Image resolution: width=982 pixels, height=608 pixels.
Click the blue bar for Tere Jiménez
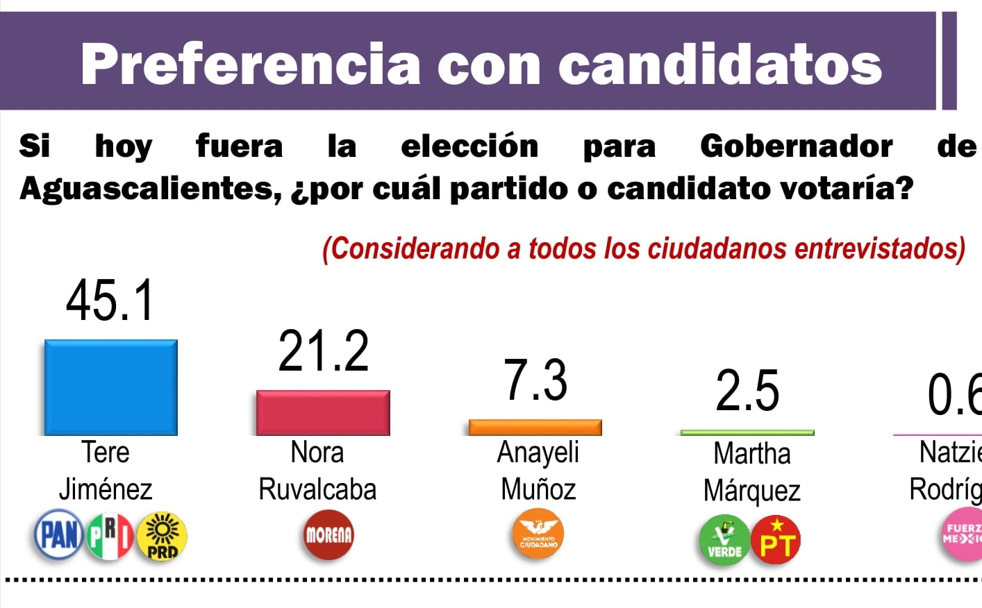click(111, 387)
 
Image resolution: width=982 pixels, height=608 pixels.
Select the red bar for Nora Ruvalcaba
click(323, 413)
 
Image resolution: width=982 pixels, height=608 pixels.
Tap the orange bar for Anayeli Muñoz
click(535, 428)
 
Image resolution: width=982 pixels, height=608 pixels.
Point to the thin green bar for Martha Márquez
click(747, 432)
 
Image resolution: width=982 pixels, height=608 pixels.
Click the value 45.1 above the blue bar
click(110, 301)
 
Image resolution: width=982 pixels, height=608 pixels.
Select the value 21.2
click(324, 351)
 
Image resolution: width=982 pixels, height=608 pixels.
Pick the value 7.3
click(535, 380)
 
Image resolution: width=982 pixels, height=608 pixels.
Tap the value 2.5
click(748, 391)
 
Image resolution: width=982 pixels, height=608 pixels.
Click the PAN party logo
click(58, 535)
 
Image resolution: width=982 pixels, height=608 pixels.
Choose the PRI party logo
click(110, 535)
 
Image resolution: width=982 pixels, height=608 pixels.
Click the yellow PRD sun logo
click(162, 536)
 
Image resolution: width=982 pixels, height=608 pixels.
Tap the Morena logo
click(328, 535)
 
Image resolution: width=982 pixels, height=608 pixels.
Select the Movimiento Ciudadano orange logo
click(538, 534)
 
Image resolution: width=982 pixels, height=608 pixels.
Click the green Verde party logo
click(724, 540)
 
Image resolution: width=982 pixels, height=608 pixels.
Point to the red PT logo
click(776, 540)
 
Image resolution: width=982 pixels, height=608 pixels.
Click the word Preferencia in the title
click(250, 64)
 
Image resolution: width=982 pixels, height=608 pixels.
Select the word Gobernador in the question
click(796, 146)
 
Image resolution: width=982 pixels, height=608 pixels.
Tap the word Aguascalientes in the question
click(149, 189)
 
